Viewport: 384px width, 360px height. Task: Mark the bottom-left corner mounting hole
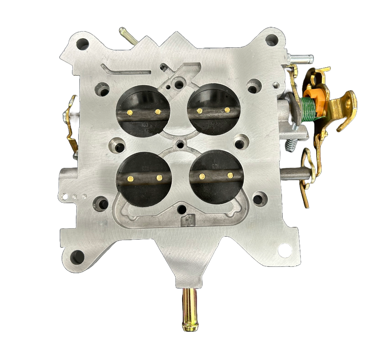click(x=77, y=256)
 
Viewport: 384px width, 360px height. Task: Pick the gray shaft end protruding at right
click(x=295, y=174)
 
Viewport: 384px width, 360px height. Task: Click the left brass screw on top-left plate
click(x=129, y=112)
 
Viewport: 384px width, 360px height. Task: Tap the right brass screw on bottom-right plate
click(x=230, y=175)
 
